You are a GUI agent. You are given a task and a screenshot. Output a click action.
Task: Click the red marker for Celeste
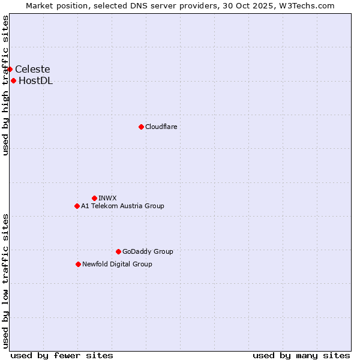pyautogui.click(x=10, y=69)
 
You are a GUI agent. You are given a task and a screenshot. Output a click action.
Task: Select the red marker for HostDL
pyautogui.click(x=13, y=81)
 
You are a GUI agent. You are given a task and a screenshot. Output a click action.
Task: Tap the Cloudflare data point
pyautogui.click(x=141, y=127)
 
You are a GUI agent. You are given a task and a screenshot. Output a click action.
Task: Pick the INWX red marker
pyautogui.click(x=94, y=198)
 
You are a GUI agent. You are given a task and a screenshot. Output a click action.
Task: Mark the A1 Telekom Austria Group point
pyautogui.click(x=77, y=206)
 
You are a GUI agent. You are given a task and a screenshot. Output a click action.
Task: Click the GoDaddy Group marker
pyautogui.click(x=118, y=251)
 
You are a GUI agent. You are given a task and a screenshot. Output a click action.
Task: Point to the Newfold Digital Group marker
pyautogui.click(x=78, y=264)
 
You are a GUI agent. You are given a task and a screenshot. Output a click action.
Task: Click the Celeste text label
pyautogui.click(x=32, y=69)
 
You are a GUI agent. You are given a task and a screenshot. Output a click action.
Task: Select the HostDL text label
pyautogui.click(x=36, y=81)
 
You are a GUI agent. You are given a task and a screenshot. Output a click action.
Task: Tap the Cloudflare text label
pyautogui.click(x=161, y=127)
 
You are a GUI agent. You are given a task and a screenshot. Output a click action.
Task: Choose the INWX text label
pyautogui.click(x=107, y=198)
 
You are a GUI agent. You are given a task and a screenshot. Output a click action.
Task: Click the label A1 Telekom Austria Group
pyautogui.click(x=122, y=206)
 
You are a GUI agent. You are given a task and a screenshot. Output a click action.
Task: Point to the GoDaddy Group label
pyautogui.click(x=148, y=251)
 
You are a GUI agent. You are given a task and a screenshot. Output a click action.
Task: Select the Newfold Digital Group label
pyautogui.click(x=117, y=264)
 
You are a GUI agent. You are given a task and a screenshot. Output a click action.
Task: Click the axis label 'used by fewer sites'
pyautogui.click(x=62, y=355)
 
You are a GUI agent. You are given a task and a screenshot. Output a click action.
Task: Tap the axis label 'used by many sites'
pyautogui.click(x=301, y=355)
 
